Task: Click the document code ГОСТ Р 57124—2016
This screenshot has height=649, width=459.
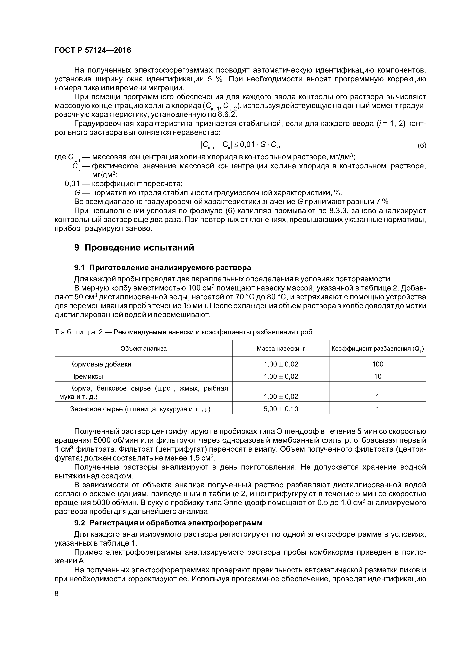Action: tap(93, 50)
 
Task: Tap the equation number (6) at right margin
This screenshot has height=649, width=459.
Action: tap(422, 146)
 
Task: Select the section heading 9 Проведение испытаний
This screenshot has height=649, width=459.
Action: tap(134, 247)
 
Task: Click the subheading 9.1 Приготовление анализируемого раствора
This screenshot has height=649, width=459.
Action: tap(162, 267)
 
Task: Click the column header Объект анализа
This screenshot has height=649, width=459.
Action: tap(143, 349)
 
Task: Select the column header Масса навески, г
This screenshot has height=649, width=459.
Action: tap(281, 349)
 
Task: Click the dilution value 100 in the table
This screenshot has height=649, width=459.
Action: tap(378, 364)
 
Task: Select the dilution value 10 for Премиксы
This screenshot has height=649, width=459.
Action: tap(378, 376)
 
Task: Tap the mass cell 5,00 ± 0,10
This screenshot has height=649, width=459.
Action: tap(281, 409)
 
